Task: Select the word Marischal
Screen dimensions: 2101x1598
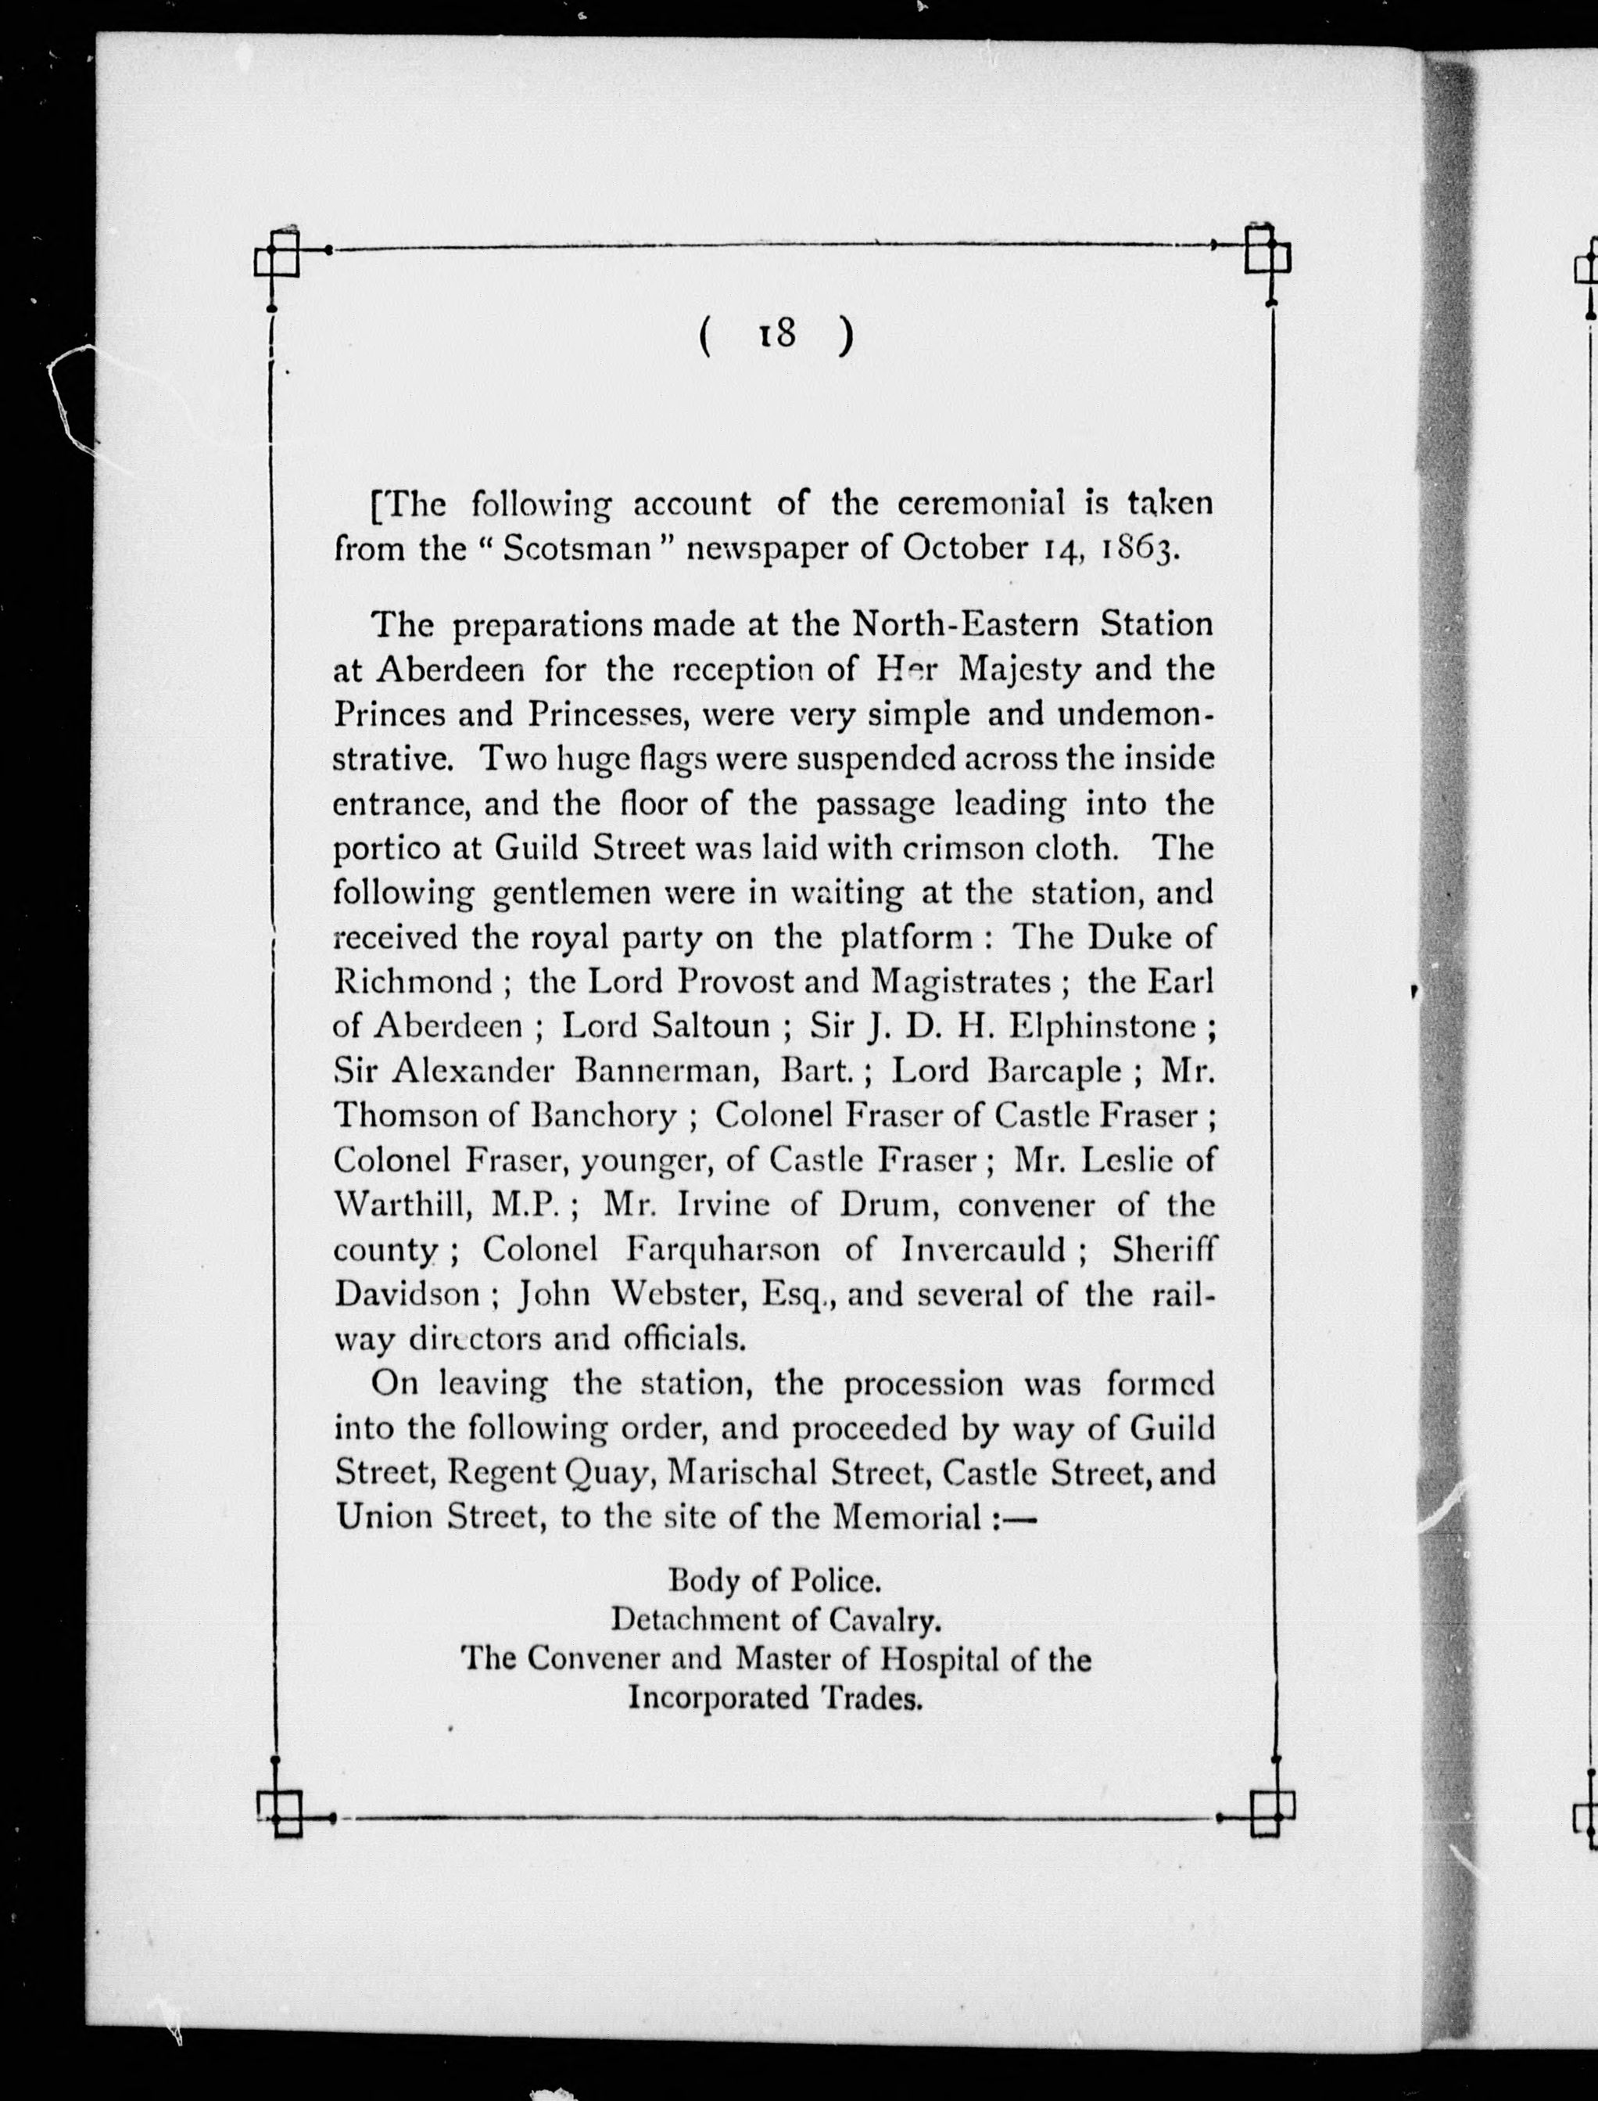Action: pyautogui.click(x=742, y=1473)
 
